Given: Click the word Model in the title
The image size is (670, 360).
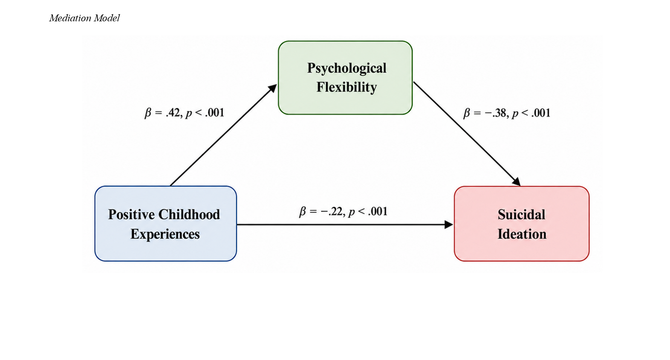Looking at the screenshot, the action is [x=107, y=18].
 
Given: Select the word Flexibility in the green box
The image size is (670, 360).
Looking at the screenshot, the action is [x=347, y=87].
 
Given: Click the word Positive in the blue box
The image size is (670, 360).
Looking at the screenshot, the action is [x=132, y=214].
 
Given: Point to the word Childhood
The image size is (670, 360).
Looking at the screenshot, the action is [x=189, y=214].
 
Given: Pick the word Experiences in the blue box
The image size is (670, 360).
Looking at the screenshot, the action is [x=165, y=234].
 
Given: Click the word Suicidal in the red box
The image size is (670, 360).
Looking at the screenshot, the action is [x=521, y=215].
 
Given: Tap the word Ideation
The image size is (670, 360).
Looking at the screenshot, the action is [x=522, y=234].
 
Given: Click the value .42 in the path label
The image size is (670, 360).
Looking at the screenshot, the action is [x=173, y=113].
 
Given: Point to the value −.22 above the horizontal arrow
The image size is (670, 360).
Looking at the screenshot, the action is [x=332, y=211].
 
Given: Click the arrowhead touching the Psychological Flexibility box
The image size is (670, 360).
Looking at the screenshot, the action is [x=272, y=89].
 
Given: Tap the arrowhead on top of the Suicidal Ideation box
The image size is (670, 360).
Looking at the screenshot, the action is [x=516, y=181].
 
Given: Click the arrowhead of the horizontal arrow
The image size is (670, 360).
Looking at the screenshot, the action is [x=449, y=225].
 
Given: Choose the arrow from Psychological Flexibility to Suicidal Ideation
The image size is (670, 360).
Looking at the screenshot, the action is [x=467, y=134].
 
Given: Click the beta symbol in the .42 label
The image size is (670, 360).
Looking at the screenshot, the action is [x=148, y=113].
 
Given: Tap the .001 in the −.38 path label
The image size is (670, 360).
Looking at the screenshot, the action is [x=541, y=113].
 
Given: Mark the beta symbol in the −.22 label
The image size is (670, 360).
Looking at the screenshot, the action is [x=303, y=212].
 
